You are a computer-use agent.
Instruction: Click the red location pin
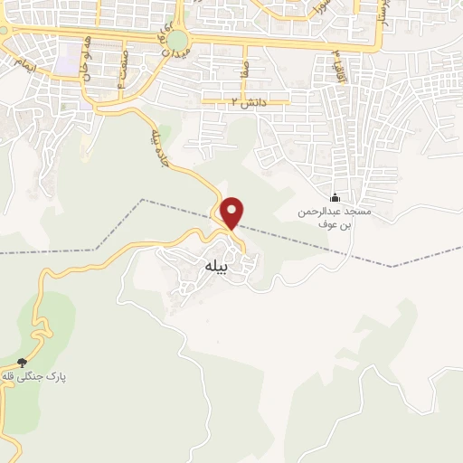click(232, 212)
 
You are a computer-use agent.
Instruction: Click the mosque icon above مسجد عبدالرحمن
click(335, 198)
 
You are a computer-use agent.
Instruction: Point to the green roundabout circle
click(177, 40)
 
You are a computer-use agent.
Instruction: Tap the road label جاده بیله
click(159, 145)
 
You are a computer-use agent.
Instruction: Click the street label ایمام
click(20, 62)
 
